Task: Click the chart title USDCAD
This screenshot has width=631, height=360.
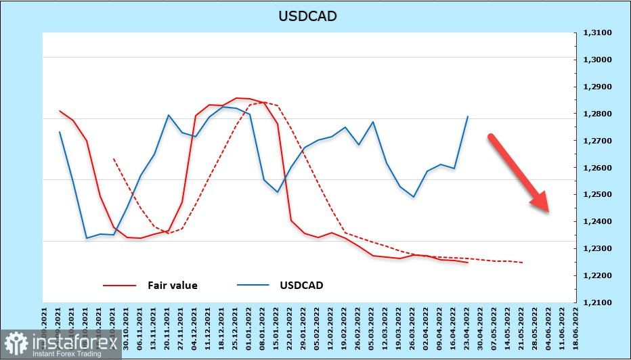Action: coord(307,16)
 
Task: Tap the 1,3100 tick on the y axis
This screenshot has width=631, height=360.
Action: coord(596,32)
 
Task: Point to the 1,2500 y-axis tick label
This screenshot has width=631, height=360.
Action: coord(596,195)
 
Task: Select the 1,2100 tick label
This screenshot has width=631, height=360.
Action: coord(596,303)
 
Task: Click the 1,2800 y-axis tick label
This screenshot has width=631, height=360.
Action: coord(596,114)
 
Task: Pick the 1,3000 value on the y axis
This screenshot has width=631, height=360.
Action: coord(596,60)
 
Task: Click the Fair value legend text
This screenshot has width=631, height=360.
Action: coord(173,286)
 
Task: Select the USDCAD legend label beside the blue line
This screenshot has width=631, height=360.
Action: coord(301,286)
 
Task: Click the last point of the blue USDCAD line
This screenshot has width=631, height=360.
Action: coord(468,116)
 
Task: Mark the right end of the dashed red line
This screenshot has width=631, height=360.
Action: coord(522,263)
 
